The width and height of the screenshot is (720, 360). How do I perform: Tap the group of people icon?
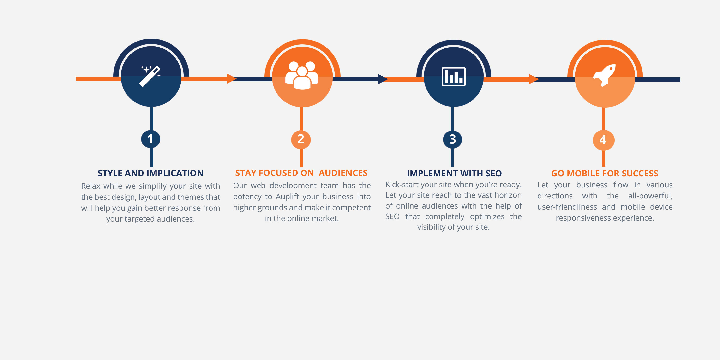coord(302,75)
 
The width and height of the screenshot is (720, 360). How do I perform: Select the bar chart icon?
coord(453,76)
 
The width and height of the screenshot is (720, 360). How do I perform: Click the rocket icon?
coord(605,75)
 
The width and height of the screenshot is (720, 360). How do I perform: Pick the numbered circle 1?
coord(151,139)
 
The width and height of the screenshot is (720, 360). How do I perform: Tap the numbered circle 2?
coord(301,139)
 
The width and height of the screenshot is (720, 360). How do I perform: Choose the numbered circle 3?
coord(452,139)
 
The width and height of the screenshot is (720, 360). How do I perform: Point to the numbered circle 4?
coord(603,140)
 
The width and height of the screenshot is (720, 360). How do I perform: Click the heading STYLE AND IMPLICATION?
coord(150,173)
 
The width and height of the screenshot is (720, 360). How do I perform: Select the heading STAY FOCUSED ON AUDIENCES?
coord(301,173)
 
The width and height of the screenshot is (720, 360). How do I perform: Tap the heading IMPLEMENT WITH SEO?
coord(454,174)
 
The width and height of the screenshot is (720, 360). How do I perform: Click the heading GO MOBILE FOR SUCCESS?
coord(605,174)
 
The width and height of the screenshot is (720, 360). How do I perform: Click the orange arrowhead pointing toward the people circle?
coord(232,78)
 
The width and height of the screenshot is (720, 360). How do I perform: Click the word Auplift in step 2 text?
coord(287,197)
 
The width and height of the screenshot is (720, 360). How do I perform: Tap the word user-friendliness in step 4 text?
coord(567,207)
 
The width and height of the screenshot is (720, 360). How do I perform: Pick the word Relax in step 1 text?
coord(90,186)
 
